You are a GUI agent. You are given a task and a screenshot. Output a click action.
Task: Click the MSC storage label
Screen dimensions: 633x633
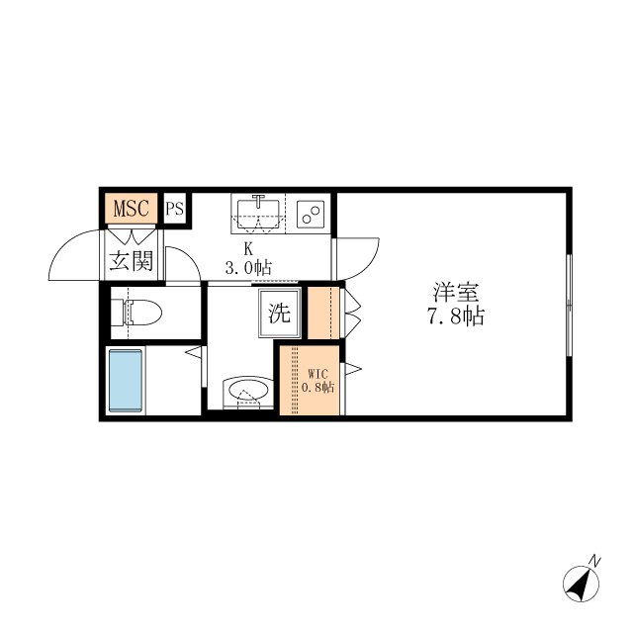pyautogui.click(x=132, y=209)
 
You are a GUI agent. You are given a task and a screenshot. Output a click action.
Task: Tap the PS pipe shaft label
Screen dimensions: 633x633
pyautogui.click(x=175, y=209)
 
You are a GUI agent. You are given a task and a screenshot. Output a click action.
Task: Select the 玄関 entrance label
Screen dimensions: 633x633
pyautogui.click(x=132, y=261)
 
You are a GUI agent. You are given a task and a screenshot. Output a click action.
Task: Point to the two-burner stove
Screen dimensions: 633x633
pyautogui.click(x=311, y=214)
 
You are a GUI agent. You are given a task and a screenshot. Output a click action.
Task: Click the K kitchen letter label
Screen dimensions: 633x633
pyautogui.click(x=248, y=249)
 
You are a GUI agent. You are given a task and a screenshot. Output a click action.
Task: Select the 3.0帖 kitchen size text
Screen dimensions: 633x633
pyautogui.click(x=248, y=267)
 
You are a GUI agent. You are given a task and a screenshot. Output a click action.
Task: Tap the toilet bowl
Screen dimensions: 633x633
pyautogui.click(x=136, y=313)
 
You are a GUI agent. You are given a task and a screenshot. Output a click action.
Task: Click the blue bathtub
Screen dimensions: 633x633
pyautogui.click(x=126, y=381)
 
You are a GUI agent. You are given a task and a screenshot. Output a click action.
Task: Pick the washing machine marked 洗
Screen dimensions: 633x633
pyautogui.click(x=280, y=313)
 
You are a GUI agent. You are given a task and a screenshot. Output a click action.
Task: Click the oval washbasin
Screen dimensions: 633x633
pyautogui.click(x=248, y=391)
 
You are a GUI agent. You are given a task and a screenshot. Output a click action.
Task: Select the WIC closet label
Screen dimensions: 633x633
pyautogui.click(x=318, y=373)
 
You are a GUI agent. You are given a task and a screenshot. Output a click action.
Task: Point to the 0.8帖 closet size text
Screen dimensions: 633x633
pyautogui.click(x=318, y=388)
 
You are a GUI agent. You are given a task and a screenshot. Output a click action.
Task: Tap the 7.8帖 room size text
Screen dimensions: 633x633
pyautogui.click(x=456, y=316)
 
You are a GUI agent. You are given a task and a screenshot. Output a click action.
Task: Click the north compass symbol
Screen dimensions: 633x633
pyautogui.click(x=581, y=583)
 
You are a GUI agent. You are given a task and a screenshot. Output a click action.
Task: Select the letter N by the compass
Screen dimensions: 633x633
pyautogui.click(x=594, y=561)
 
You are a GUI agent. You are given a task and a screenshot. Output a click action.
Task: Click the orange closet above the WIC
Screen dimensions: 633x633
pyautogui.click(x=323, y=314)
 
